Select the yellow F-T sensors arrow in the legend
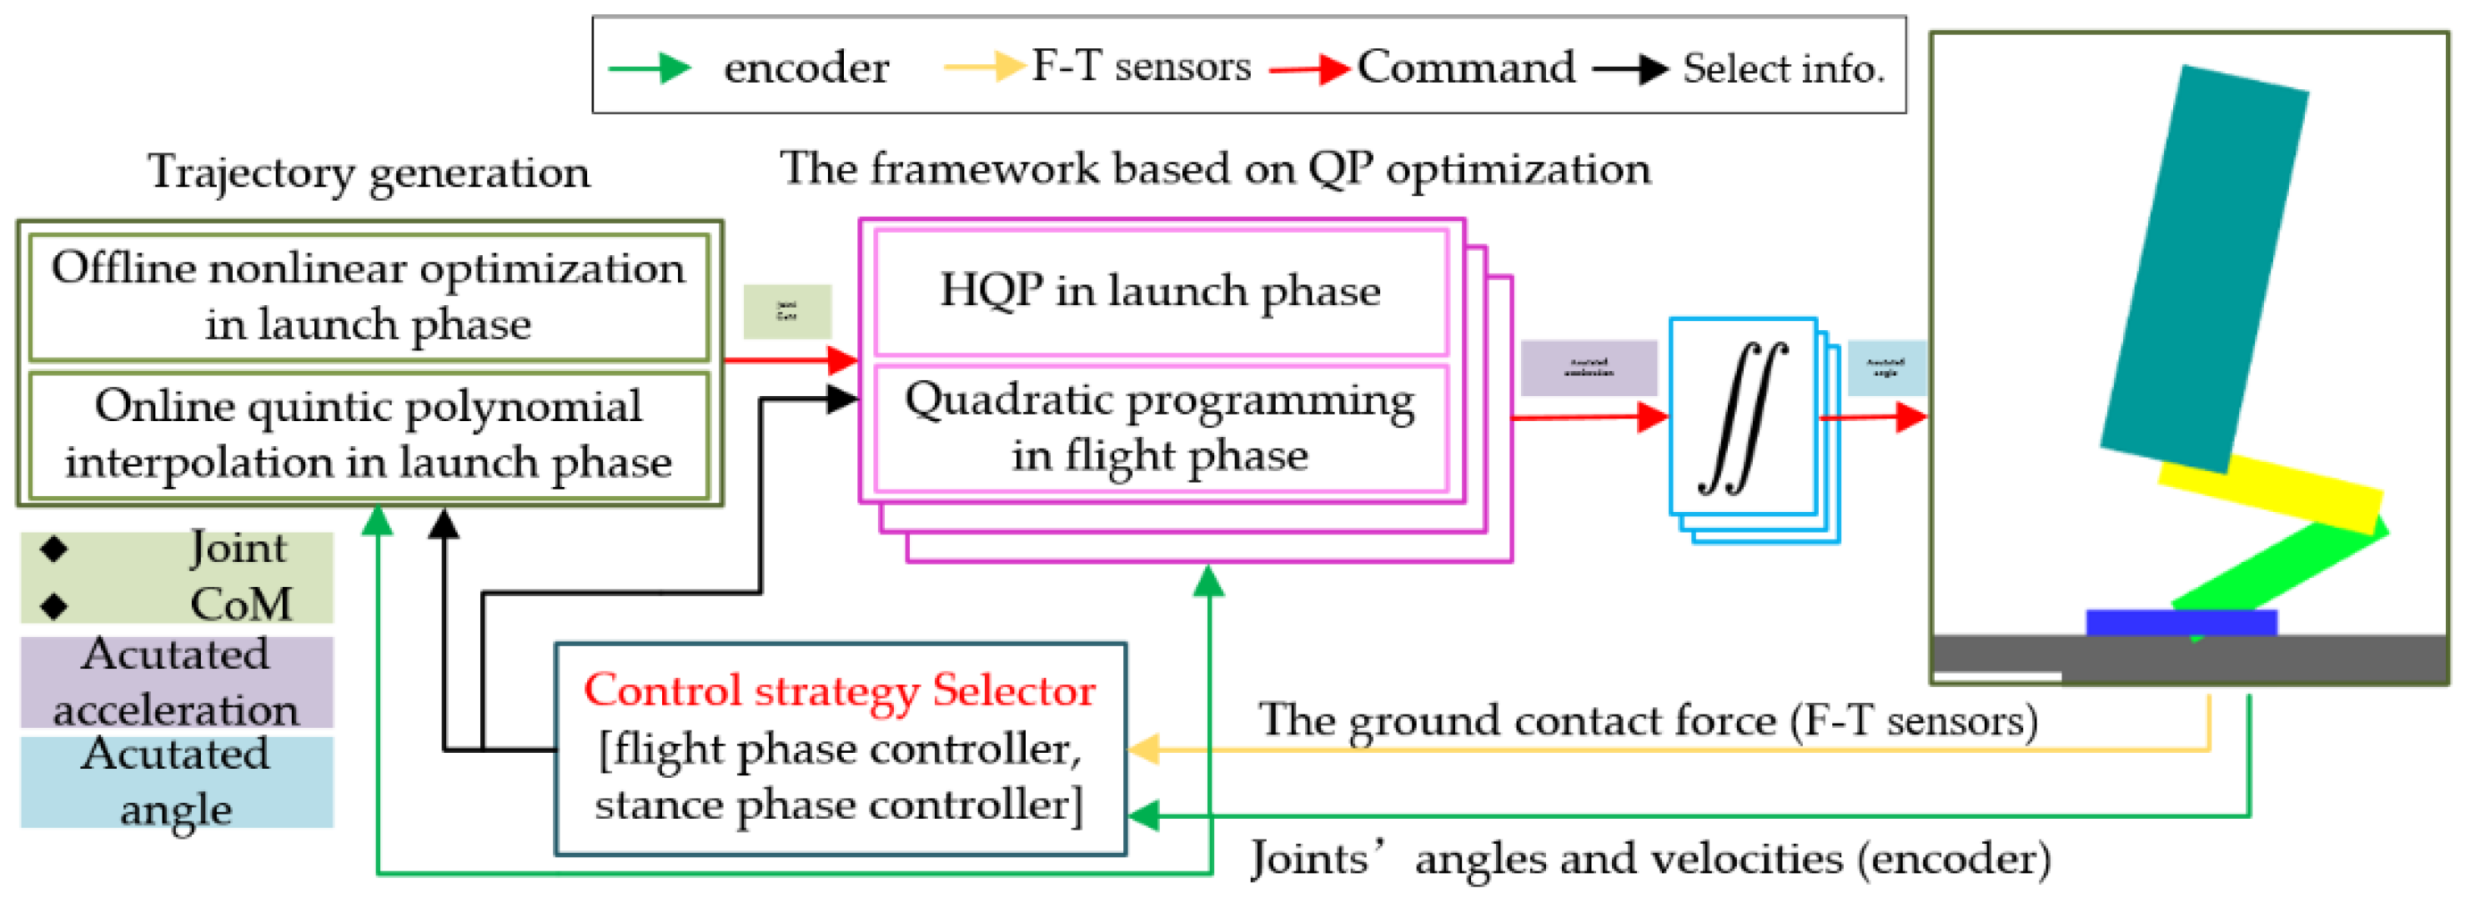click(984, 66)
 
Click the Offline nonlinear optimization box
click(369, 296)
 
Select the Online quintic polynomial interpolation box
click(369, 434)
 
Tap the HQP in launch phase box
click(1160, 290)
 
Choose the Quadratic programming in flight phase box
click(1160, 427)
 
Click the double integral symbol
click(1742, 417)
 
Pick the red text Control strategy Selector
click(839, 690)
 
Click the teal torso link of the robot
click(2206, 268)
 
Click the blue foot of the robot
click(2181, 622)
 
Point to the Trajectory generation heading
click(369, 173)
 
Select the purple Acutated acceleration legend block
click(177, 681)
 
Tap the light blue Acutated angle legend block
click(177, 781)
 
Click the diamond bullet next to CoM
click(55, 605)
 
